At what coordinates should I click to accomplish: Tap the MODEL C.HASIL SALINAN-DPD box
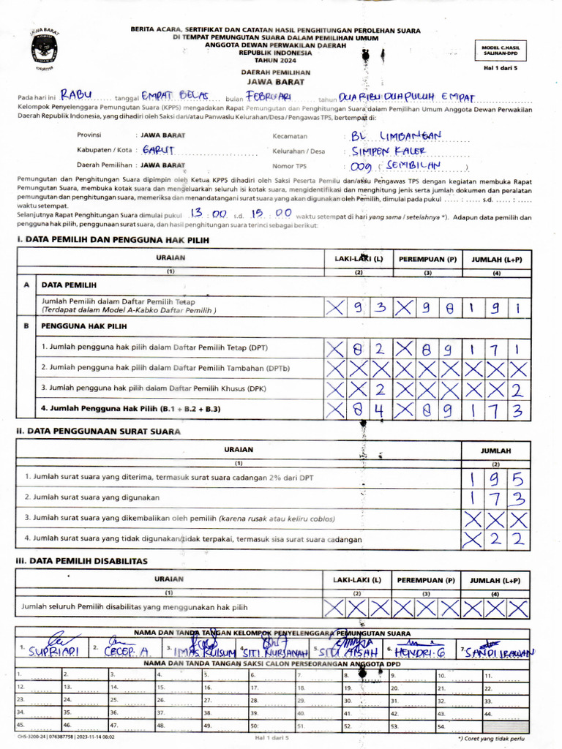501,50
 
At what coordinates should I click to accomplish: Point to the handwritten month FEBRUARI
269,96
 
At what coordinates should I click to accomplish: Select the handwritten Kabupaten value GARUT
157,150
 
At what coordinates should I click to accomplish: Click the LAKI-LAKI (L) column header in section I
359,259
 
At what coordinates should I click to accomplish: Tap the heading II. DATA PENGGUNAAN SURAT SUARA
98,431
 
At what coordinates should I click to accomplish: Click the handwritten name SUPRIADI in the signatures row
53,651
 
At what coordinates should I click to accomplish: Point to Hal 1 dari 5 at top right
501,67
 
